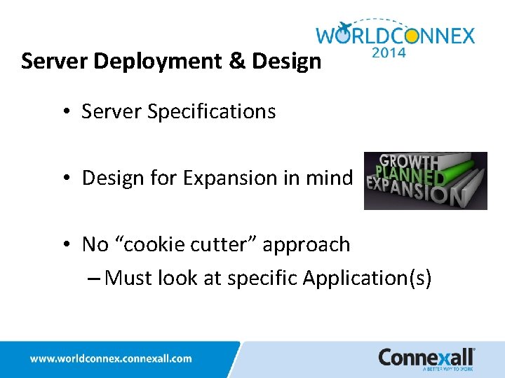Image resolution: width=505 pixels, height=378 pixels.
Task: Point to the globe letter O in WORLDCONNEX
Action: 344,35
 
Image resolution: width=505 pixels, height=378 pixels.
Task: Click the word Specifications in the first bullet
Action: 211,111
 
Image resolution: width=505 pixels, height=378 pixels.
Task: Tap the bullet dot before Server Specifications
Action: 66,112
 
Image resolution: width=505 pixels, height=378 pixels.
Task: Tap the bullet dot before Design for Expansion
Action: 66,178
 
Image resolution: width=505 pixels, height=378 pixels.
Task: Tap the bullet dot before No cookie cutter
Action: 66,245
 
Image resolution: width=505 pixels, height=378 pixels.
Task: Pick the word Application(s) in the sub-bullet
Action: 367,279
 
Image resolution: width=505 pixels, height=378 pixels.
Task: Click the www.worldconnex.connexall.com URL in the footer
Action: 110,358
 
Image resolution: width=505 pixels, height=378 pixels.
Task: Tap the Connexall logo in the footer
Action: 426,358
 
